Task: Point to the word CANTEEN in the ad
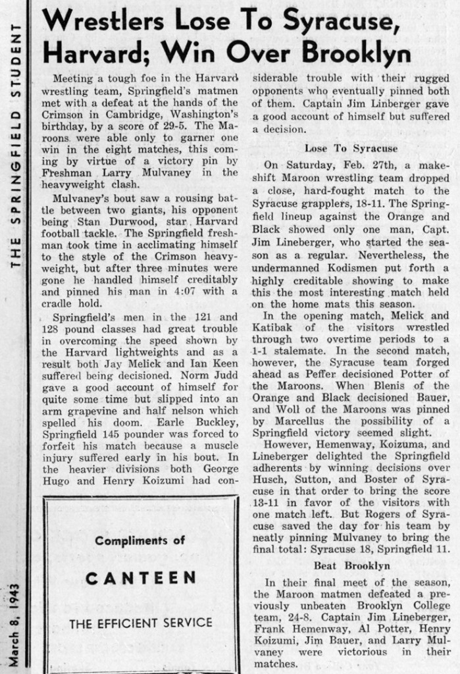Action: pyautogui.click(x=141, y=579)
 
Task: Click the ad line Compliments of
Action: pyautogui.click(x=140, y=540)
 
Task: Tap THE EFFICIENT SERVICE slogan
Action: pyautogui.click(x=140, y=622)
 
